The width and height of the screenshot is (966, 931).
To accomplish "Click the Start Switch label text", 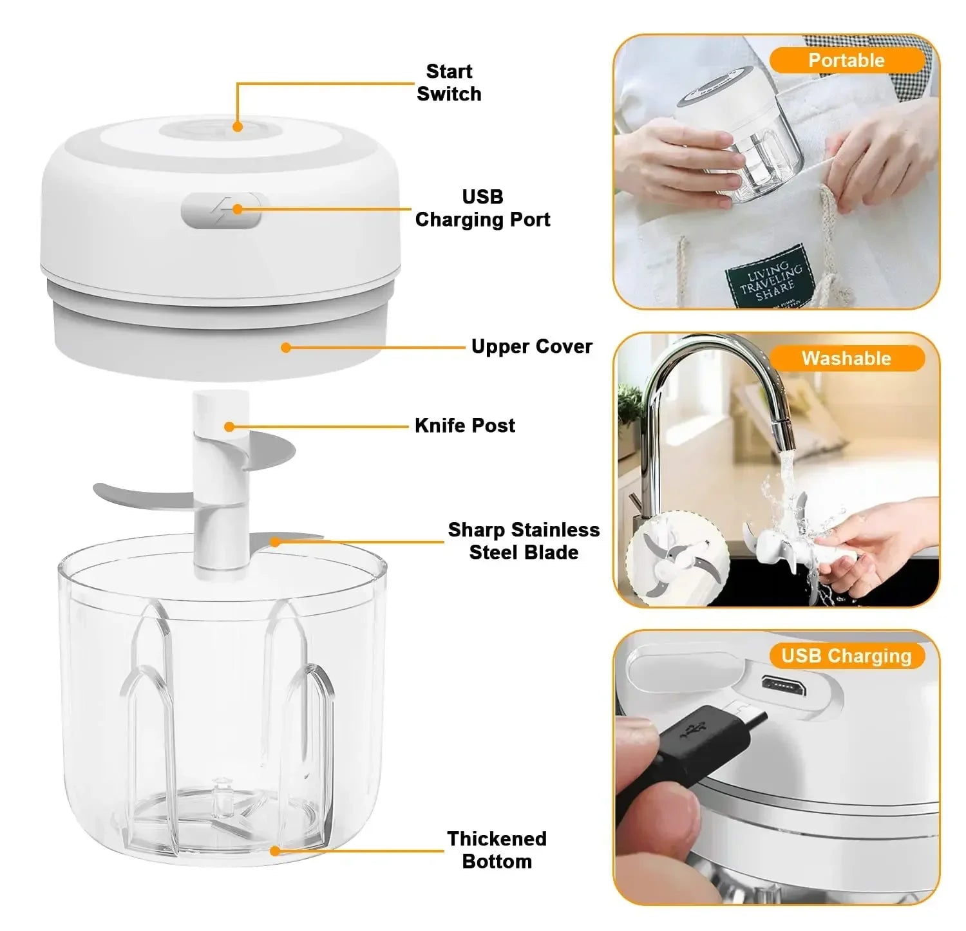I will pyautogui.click(x=449, y=82).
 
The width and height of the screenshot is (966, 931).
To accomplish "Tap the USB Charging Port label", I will pyautogui.click(x=482, y=208).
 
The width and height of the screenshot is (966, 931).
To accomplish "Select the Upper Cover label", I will pyautogui.click(x=531, y=346).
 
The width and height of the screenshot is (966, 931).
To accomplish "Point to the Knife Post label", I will pyautogui.click(x=464, y=426).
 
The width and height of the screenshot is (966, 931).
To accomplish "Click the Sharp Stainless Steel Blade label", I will pyautogui.click(x=524, y=541).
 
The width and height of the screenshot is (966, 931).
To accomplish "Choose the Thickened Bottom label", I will pyautogui.click(x=497, y=850).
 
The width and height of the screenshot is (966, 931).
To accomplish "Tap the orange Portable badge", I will pyautogui.click(x=846, y=61).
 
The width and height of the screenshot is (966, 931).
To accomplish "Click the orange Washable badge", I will pyautogui.click(x=846, y=359).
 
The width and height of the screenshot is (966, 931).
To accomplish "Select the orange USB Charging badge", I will pyautogui.click(x=846, y=656).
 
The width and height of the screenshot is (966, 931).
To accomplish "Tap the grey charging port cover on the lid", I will pyautogui.click(x=221, y=211).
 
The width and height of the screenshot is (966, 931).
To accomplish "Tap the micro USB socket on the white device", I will pyautogui.click(x=782, y=687).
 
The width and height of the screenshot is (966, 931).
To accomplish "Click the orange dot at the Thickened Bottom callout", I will pyautogui.click(x=275, y=851).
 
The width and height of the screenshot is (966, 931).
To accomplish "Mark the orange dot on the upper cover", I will pyautogui.click(x=286, y=348).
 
